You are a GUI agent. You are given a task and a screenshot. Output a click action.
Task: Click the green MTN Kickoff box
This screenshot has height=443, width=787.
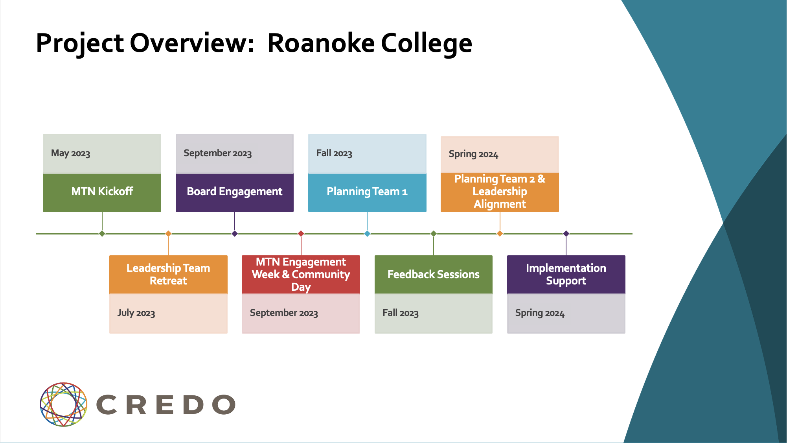tap(102, 193)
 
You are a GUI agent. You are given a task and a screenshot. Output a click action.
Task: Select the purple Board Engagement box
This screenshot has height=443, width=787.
tap(235, 193)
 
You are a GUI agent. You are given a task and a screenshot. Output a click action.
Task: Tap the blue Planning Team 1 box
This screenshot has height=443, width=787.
tap(367, 193)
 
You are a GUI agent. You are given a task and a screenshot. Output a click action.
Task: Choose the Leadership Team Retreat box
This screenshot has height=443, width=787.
tap(168, 274)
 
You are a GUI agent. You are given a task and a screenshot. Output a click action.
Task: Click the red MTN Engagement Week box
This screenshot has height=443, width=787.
tap(301, 274)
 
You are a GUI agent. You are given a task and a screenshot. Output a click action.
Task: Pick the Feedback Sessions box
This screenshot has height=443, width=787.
tap(434, 274)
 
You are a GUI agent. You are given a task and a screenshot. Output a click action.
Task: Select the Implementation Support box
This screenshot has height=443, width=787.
tap(566, 274)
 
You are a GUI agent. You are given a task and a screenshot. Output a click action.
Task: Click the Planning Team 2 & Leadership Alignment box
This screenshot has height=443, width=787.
tap(500, 192)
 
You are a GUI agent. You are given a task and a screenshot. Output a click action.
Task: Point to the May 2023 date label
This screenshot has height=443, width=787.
tap(71, 153)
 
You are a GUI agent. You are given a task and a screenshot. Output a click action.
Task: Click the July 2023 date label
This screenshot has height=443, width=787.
tap(136, 313)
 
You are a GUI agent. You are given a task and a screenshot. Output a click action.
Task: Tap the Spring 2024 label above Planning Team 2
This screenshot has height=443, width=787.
tap(473, 154)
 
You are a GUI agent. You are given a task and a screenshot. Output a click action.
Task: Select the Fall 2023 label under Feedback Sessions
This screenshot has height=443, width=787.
tap(401, 313)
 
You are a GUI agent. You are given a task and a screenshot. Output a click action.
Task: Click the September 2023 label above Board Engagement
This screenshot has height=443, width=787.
tap(217, 153)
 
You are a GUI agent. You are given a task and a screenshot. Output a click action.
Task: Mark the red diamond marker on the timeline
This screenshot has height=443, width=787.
tap(301, 234)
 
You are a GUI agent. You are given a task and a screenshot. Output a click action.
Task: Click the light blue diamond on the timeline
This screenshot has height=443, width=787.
tap(367, 234)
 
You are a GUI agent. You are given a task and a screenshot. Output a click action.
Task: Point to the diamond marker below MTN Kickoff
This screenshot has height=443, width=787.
tap(102, 234)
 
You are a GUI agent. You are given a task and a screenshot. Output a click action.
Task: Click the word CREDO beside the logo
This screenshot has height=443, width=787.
tap(166, 405)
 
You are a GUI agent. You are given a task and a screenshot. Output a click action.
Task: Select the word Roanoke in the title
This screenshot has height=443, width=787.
tap(321, 43)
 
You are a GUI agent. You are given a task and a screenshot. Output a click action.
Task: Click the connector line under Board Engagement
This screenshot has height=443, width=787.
tap(235, 221)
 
